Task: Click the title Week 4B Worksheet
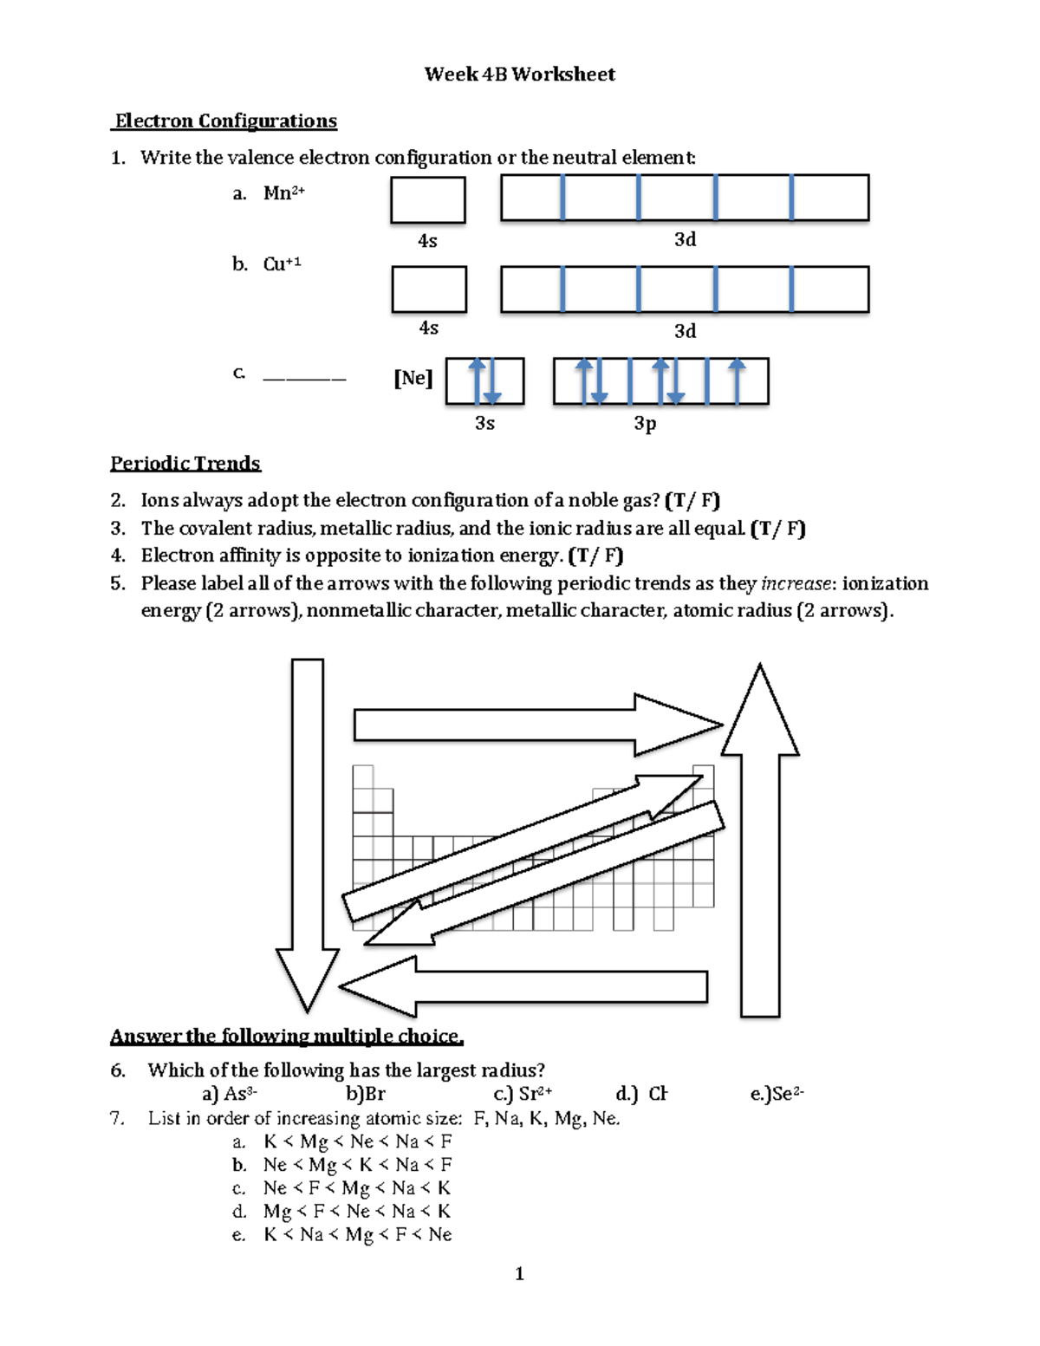(519, 75)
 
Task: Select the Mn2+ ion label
(283, 192)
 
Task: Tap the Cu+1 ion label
(282, 263)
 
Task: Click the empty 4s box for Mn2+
(428, 200)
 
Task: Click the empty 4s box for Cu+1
(429, 289)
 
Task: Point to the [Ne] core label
(413, 378)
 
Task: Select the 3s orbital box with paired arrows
(484, 381)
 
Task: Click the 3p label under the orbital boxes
(645, 423)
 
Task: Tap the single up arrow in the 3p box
(737, 380)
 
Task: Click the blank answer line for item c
(303, 379)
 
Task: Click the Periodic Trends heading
(185, 464)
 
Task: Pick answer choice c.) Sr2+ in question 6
(523, 1094)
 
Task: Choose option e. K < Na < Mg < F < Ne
(357, 1234)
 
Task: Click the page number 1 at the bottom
(519, 1273)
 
